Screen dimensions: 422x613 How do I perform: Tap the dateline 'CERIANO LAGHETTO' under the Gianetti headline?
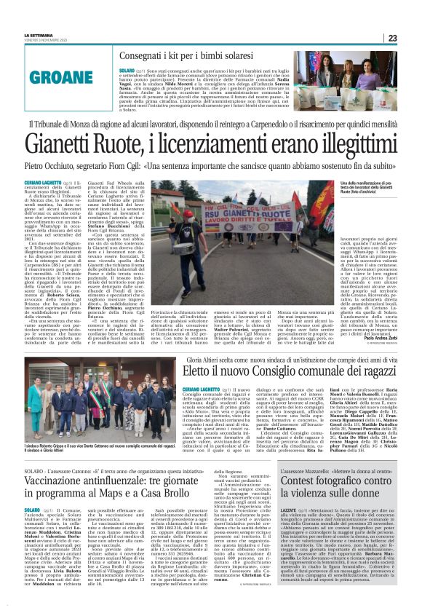41,183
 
